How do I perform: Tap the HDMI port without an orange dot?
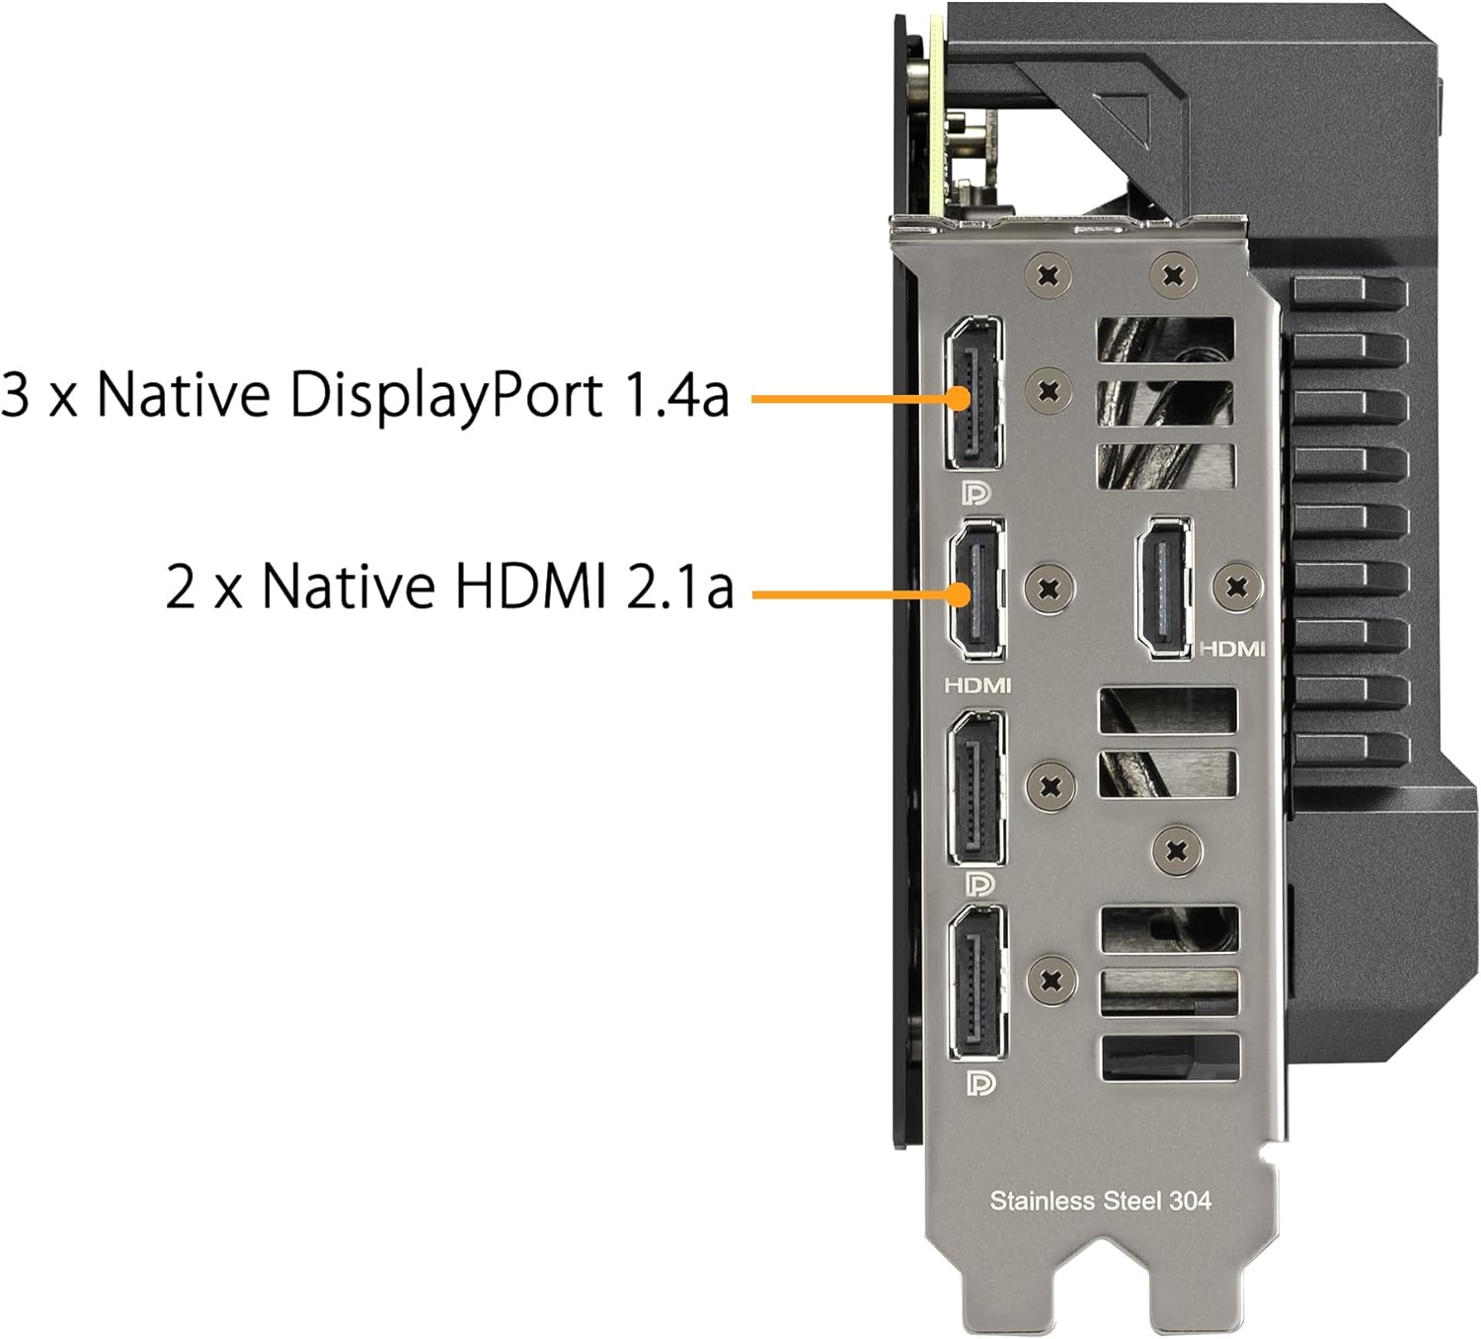click(x=1163, y=588)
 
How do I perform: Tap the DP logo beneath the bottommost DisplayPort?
click(x=980, y=1082)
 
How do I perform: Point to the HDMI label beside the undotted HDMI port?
click(x=1232, y=649)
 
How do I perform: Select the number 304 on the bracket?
click(x=1190, y=1201)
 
